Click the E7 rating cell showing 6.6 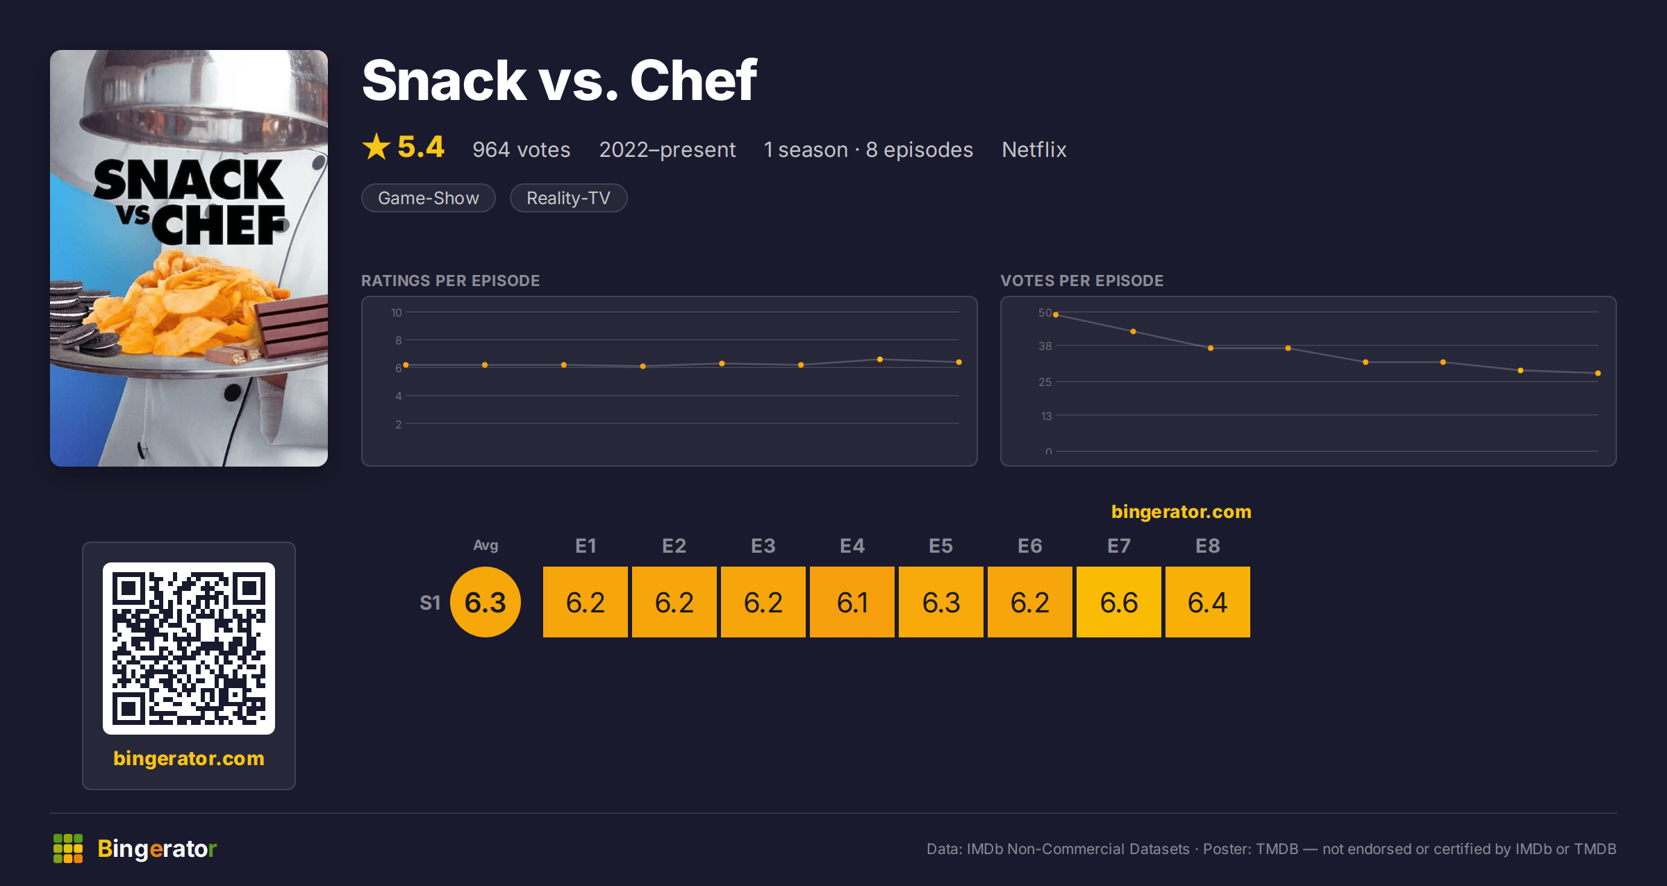click(1118, 602)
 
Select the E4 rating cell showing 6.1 click(852, 602)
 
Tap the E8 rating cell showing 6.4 click(1207, 602)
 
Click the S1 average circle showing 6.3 click(486, 602)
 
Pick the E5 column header click(941, 546)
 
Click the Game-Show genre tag click(429, 198)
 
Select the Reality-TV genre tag click(568, 198)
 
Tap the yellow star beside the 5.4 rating click(376, 147)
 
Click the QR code click(189, 649)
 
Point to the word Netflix click(1034, 149)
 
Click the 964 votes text click(521, 149)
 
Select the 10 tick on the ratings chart click(396, 312)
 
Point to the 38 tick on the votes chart click(1045, 346)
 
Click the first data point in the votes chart click(1056, 315)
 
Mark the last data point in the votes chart click(1598, 373)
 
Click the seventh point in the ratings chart click(880, 359)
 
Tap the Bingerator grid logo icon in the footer click(68, 849)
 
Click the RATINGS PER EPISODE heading click(450, 281)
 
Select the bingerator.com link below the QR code click(189, 758)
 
